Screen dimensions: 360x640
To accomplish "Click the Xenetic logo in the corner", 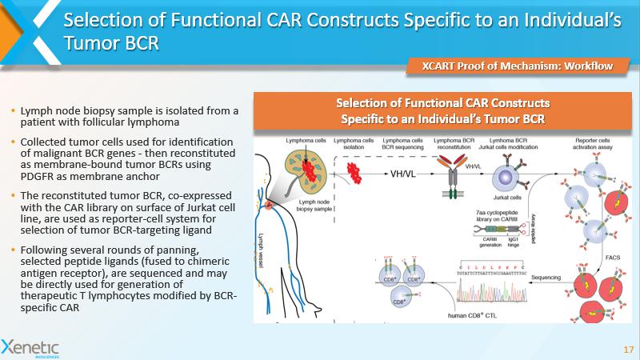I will (30, 346).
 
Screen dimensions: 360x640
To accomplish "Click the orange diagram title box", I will (442, 111).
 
